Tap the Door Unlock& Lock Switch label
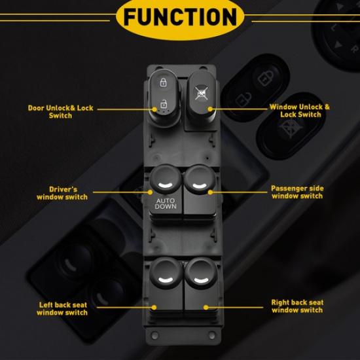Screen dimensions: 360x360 [60, 111]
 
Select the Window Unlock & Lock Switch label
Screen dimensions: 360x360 [300, 110]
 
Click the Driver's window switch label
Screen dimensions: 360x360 [63, 192]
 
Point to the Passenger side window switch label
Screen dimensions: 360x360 [297, 192]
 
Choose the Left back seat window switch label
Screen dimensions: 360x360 [63, 308]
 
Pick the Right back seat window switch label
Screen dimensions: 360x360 [297, 306]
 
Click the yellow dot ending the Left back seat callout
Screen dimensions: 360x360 [154, 306]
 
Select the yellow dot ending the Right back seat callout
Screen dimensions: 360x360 [206, 306]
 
